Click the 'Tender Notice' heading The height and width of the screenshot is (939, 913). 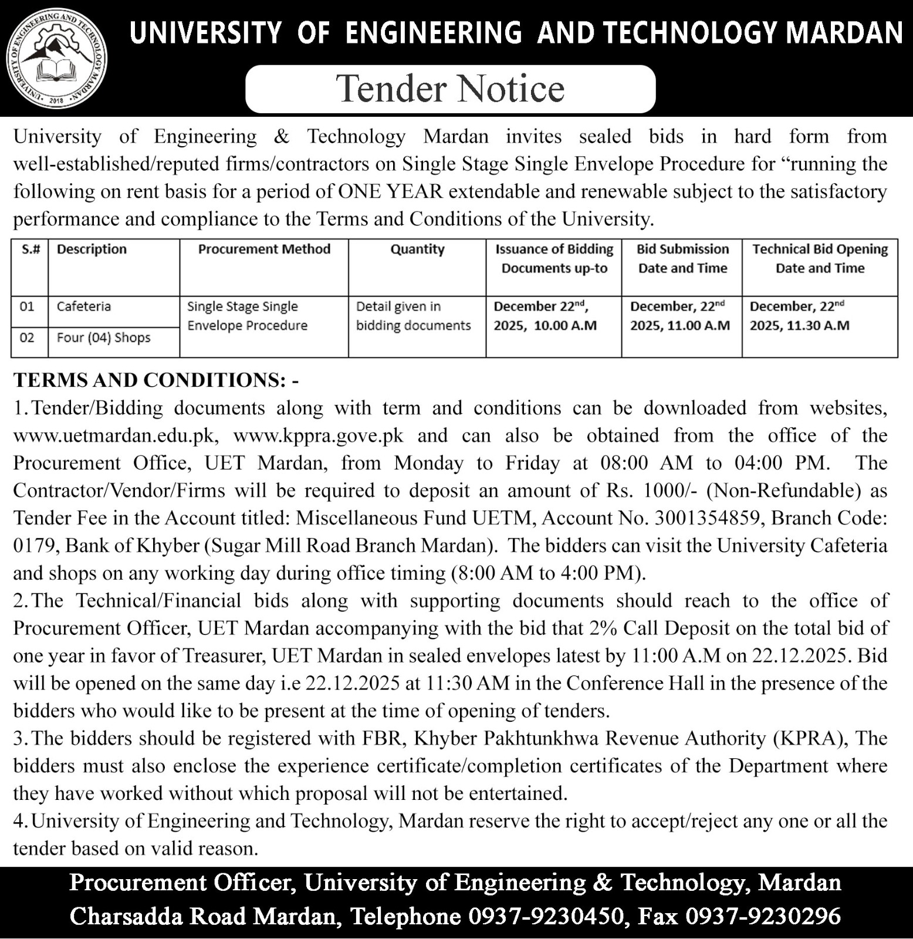tap(451, 89)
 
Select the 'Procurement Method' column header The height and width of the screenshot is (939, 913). tap(264, 249)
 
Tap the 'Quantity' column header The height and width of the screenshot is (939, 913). tap(417, 249)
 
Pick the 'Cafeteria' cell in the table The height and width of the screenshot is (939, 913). tap(84, 306)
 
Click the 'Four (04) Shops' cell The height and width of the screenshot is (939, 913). tap(104, 338)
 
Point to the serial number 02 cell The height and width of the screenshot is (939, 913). tap(27, 338)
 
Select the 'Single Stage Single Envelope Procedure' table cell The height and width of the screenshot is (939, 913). tap(248, 316)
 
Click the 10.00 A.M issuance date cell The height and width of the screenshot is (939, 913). tap(545, 316)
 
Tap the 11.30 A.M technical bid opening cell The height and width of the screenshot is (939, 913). tap(799, 316)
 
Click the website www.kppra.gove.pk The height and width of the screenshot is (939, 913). tap(318, 436)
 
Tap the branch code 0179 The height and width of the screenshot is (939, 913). tap(34, 546)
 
